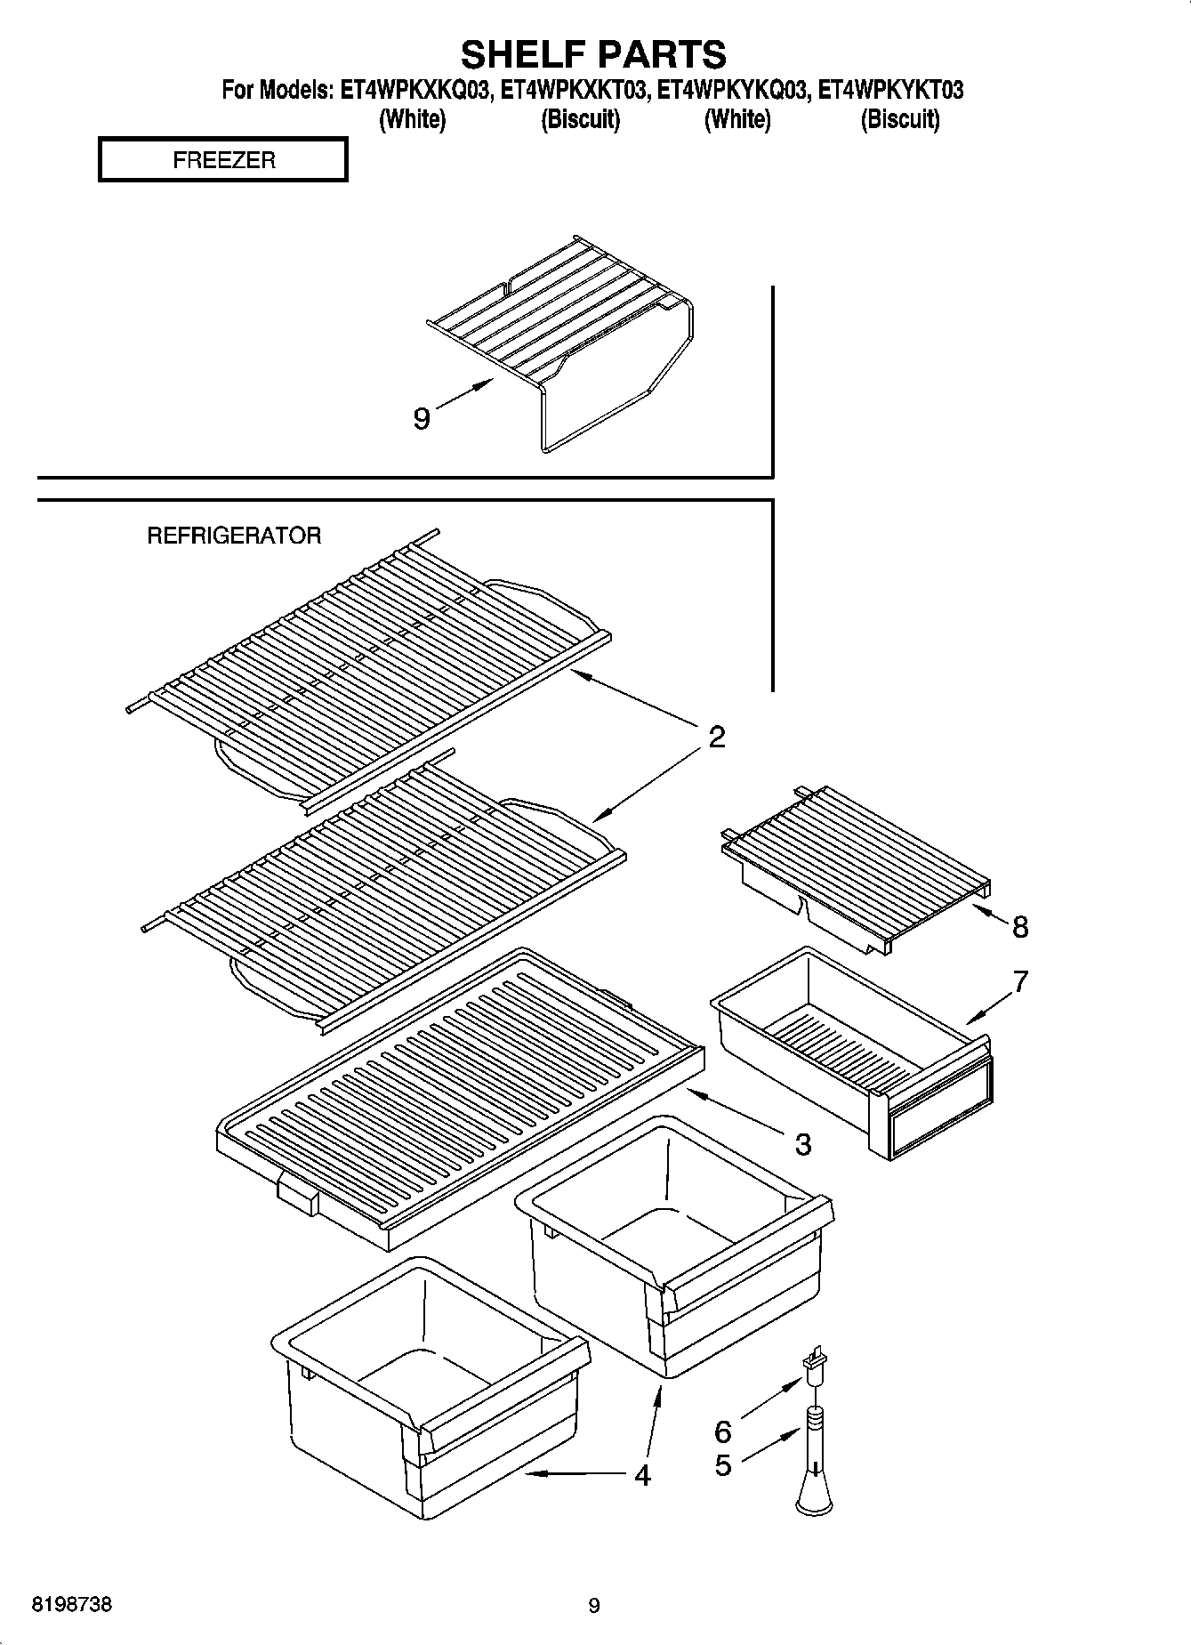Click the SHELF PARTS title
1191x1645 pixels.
tap(593, 54)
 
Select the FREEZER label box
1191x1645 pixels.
tap(222, 160)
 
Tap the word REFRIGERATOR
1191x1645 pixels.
tap(233, 536)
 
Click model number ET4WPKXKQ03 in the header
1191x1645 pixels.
tap(414, 91)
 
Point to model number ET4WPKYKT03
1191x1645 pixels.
tap(890, 91)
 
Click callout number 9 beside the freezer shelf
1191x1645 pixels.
tap(422, 418)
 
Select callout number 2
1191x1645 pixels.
tap(717, 737)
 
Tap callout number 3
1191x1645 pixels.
tap(802, 1144)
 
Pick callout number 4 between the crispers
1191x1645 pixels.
tap(642, 1475)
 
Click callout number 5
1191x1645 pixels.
tap(723, 1464)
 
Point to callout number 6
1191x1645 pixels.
tap(723, 1431)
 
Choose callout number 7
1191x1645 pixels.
tap(1020, 981)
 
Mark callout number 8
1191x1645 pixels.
tap(1020, 927)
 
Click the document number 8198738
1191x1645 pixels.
tap(72, 1605)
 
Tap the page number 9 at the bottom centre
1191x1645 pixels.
tap(594, 1606)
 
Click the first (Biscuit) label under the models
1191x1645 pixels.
tap(580, 119)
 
